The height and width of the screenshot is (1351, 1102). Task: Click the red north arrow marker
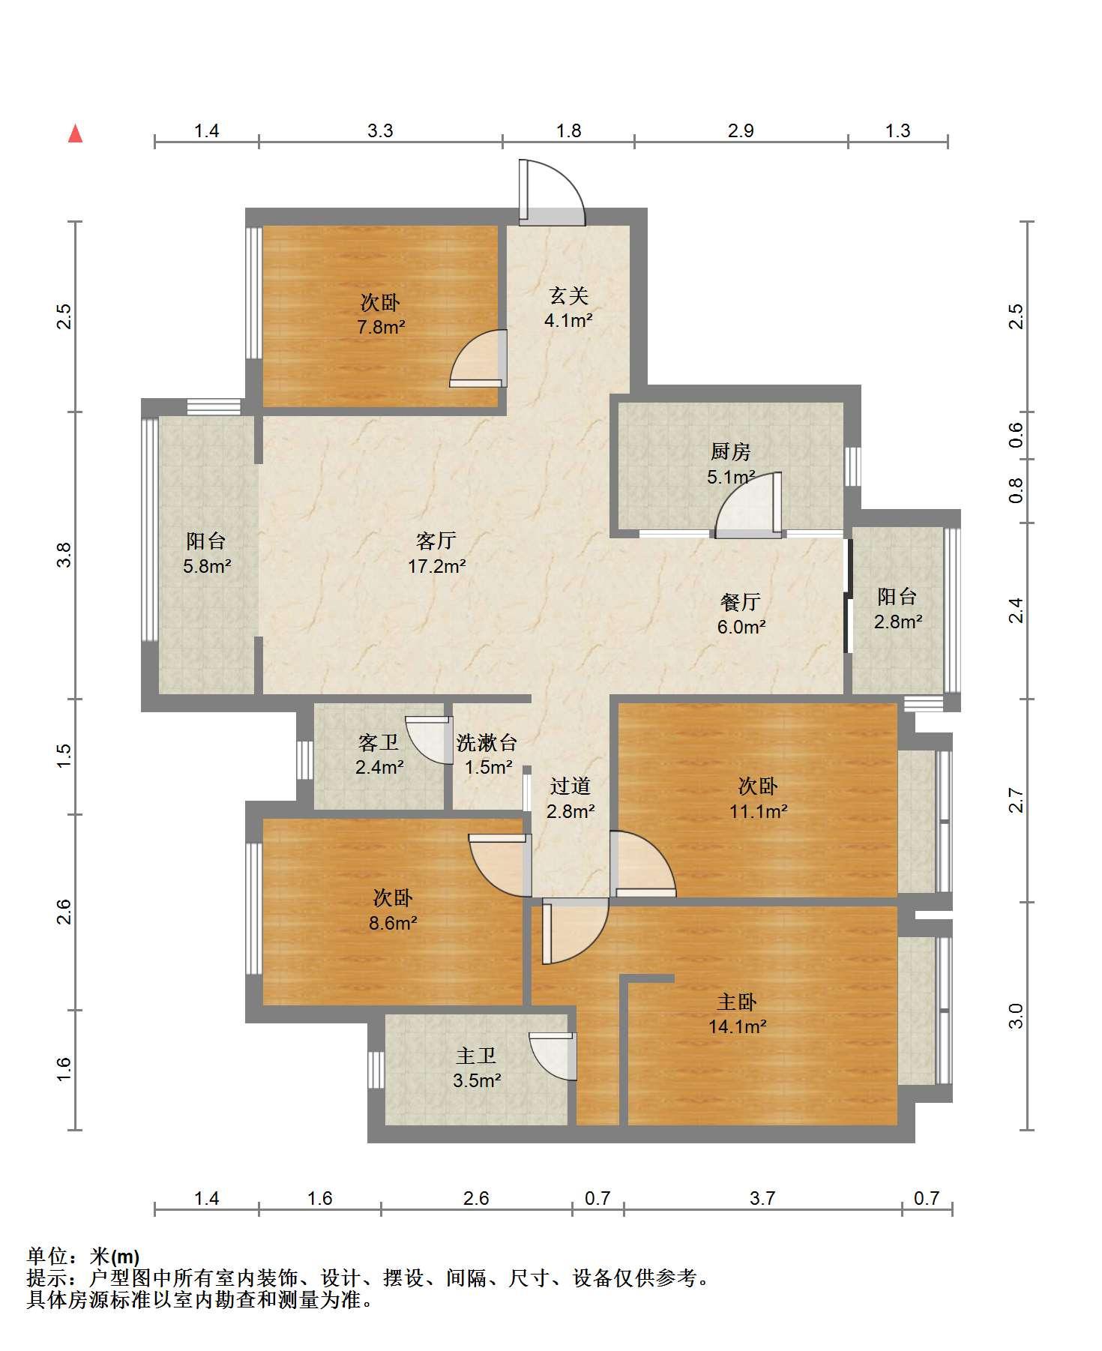pyautogui.click(x=75, y=133)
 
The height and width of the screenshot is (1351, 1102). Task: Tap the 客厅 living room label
pyautogui.click(x=436, y=541)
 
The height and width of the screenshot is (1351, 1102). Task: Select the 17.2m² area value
pyautogui.click(x=437, y=566)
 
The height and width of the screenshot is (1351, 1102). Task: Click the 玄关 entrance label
pyautogui.click(x=569, y=295)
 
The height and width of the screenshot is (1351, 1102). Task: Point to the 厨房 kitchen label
pyautogui.click(x=731, y=451)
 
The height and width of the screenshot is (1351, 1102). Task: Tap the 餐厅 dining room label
pyautogui.click(x=741, y=601)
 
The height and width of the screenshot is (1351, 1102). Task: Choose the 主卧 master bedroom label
pyautogui.click(x=738, y=1002)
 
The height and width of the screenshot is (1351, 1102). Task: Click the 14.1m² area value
pyautogui.click(x=738, y=1027)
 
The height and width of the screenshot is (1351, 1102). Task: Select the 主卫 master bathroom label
pyautogui.click(x=477, y=1056)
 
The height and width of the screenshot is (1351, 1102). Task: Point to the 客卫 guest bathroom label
pyautogui.click(x=379, y=742)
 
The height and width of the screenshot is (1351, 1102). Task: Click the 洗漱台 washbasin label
pyautogui.click(x=487, y=742)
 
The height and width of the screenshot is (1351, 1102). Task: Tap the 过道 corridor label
pyautogui.click(x=570, y=786)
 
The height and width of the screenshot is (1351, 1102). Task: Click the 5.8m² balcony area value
pyautogui.click(x=207, y=566)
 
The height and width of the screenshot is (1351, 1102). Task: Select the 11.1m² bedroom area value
pyautogui.click(x=759, y=811)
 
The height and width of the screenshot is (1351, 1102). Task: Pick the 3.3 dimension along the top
pyautogui.click(x=380, y=131)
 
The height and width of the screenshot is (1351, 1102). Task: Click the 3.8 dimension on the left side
pyautogui.click(x=64, y=555)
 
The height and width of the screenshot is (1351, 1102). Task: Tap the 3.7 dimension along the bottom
pyautogui.click(x=762, y=1199)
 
